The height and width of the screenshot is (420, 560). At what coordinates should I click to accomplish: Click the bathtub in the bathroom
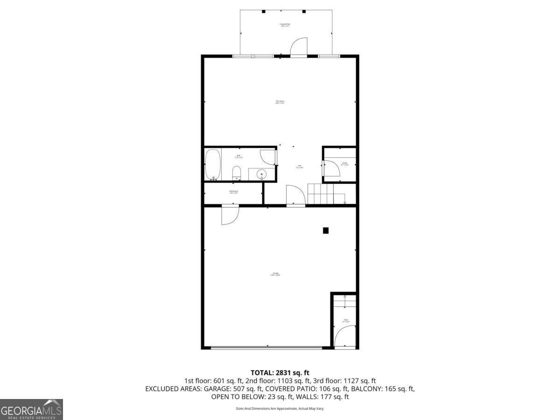click(213, 164)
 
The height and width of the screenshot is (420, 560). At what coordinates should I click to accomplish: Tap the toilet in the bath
click(236, 173)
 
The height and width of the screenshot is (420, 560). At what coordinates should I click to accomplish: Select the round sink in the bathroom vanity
click(262, 175)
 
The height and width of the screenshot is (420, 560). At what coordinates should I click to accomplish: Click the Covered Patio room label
click(285, 25)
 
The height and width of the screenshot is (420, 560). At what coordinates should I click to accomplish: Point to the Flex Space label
click(280, 102)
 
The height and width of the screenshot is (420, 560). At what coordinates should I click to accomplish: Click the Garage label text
click(275, 274)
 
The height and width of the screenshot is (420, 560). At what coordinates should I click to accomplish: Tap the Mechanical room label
click(234, 192)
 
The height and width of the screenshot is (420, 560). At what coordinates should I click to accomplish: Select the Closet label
click(344, 164)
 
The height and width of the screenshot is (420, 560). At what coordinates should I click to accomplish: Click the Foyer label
click(345, 321)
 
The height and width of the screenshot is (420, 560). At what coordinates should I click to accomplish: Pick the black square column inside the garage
click(326, 230)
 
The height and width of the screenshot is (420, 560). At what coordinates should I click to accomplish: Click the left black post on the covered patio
click(263, 11)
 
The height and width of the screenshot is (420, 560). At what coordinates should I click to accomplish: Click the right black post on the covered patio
click(304, 11)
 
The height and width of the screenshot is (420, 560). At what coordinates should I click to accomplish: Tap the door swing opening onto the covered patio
click(299, 47)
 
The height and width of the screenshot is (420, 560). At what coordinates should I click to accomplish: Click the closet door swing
click(330, 168)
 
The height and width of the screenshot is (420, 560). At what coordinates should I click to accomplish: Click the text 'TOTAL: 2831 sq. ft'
click(280, 372)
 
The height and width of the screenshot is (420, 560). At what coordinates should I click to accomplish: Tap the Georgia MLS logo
click(31, 409)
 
